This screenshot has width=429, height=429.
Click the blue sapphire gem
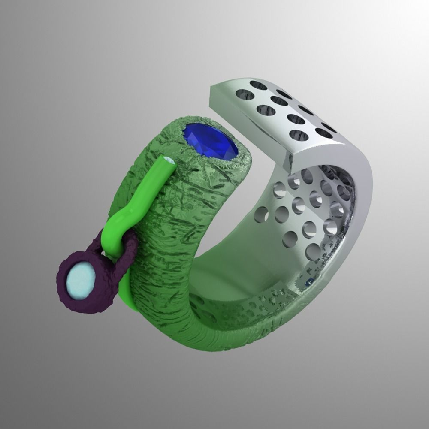(210, 142)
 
